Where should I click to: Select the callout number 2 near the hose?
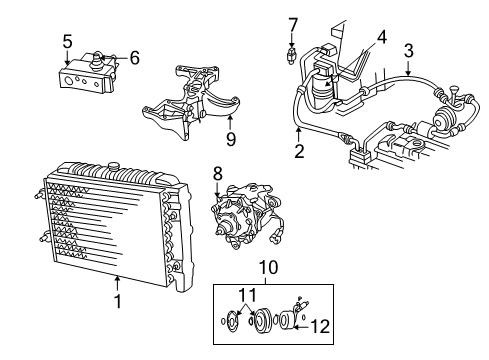coord(298,152)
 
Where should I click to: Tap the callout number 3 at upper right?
coord(408,49)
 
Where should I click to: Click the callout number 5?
coord(67,41)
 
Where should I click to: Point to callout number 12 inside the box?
coord(320,324)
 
